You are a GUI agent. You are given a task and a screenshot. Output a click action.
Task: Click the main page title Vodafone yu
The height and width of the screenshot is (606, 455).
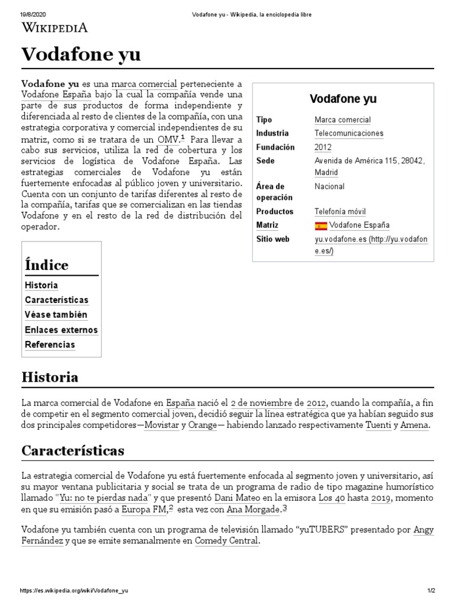click(x=81, y=54)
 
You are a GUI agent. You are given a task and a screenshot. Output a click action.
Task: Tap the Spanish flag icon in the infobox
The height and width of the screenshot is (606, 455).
click(x=321, y=225)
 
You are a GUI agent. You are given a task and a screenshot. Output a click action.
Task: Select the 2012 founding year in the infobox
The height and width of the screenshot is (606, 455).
click(x=323, y=147)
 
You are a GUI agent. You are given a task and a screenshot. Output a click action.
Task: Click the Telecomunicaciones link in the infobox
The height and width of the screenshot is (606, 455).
click(x=348, y=134)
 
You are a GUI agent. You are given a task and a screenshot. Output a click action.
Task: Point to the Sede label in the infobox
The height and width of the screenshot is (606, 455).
click(x=265, y=161)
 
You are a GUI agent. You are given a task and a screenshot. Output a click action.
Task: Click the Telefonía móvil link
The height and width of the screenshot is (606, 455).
click(x=340, y=211)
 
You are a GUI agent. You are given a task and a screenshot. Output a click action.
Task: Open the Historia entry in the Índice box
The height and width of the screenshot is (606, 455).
click(x=41, y=285)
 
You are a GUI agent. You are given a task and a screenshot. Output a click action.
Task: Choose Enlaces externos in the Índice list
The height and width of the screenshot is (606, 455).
click(x=61, y=330)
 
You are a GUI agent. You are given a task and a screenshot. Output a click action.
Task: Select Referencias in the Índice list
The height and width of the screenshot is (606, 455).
click(x=50, y=344)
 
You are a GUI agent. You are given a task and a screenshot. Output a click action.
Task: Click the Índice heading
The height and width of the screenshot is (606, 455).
click(x=47, y=265)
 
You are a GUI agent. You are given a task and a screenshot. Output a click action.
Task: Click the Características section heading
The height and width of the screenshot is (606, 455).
click(x=73, y=450)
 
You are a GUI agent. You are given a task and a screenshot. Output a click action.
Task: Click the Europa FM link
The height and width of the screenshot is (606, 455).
click(x=144, y=509)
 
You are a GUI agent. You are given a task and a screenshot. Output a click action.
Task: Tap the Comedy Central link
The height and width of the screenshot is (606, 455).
click(x=226, y=541)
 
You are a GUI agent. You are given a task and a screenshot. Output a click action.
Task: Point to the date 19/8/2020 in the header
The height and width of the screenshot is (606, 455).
click(x=33, y=14)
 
